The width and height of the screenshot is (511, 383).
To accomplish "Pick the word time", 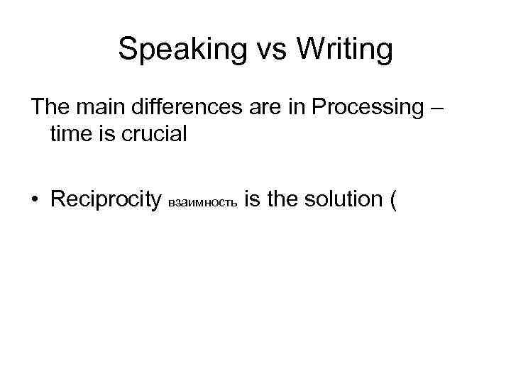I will pyautogui.click(x=70, y=135).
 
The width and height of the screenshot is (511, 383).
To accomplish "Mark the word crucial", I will pyautogui.click(x=153, y=135).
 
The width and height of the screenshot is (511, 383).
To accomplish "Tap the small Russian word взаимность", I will pyautogui.click(x=203, y=203).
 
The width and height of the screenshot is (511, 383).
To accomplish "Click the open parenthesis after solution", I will pyautogui.click(x=392, y=200).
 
